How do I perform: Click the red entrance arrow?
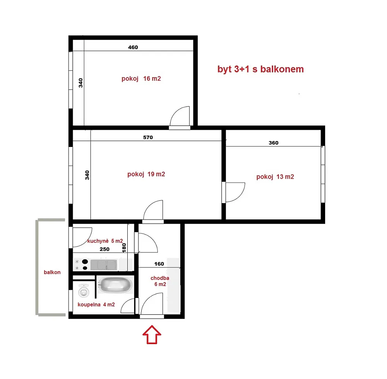click(x=152, y=335)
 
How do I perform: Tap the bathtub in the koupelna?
click(x=115, y=284)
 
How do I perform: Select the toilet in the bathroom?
click(x=84, y=291)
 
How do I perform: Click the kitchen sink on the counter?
click(x=104, y=265)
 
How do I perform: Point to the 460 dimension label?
click(x=133, y=47)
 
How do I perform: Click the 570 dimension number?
click(x=148, y=137)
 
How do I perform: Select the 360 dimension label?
click(x=274, y=143)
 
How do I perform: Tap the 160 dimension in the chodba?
click(x=159, y=264)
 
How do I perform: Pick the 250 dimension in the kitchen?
click(x=104, y=249)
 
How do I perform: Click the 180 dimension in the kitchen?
click(x=124, y=248)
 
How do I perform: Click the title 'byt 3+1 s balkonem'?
click(x=260, y=69)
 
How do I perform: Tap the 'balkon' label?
click(x=52, y=272)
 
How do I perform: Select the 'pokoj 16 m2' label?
click(x=141, y=79)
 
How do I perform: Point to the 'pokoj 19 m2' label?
click(x=146, y=174)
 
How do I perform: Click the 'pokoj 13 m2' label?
click(x=275, y=177)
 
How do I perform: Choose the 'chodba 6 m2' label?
click(x=160, y=281)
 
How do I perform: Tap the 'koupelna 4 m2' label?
click(x=96, y=304)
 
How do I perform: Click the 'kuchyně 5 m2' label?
click(x=105, y=241)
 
